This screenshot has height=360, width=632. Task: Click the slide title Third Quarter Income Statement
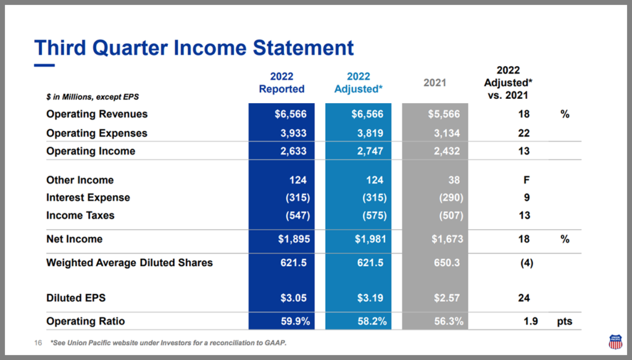coord(194,48)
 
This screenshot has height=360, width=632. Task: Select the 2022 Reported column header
coord(281,83)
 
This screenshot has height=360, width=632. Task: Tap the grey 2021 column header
coord(434,83)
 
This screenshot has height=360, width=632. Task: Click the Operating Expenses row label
coord(97,133)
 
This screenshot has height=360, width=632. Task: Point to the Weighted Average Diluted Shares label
coord(130,262)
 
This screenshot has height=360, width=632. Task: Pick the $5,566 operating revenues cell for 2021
coord(444,114)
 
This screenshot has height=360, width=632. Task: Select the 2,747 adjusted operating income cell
coord(370,151)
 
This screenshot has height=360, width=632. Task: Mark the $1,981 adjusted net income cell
coord(369,239)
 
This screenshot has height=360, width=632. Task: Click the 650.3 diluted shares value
coord(447,262)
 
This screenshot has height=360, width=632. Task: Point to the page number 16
coord(37,343)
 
